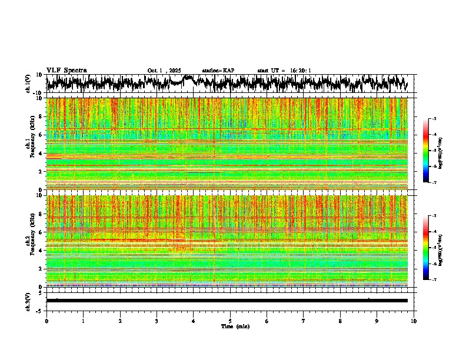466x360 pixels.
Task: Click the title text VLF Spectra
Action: [x=66, y=71]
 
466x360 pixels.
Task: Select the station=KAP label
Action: [x=218, y=71]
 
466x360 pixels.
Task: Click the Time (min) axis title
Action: [x=235, y=326]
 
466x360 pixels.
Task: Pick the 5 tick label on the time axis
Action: [x=230, y=321]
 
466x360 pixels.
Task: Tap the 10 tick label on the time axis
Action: [x=414, y=321]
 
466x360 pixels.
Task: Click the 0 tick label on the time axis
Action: [x=46, y=321]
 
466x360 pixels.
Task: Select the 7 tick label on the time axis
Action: [x=304, y=321]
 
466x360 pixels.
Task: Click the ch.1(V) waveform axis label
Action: [x=28, y=84]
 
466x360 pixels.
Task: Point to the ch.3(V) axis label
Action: [x=28, y=301]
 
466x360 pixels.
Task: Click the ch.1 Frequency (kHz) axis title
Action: [x=31, y=144]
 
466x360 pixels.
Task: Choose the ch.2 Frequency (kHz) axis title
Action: [x=31, y=241]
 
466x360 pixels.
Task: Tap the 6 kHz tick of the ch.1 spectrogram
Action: [x=41, y=135]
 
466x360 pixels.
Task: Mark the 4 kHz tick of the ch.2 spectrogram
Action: [x=41, y=251]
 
